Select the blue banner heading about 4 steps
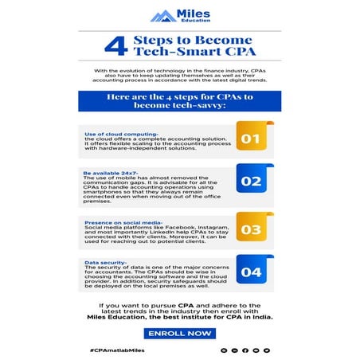179,101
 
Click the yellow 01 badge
251,139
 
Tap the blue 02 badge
251,182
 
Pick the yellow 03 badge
251,229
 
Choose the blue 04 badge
251,272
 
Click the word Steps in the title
166,40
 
